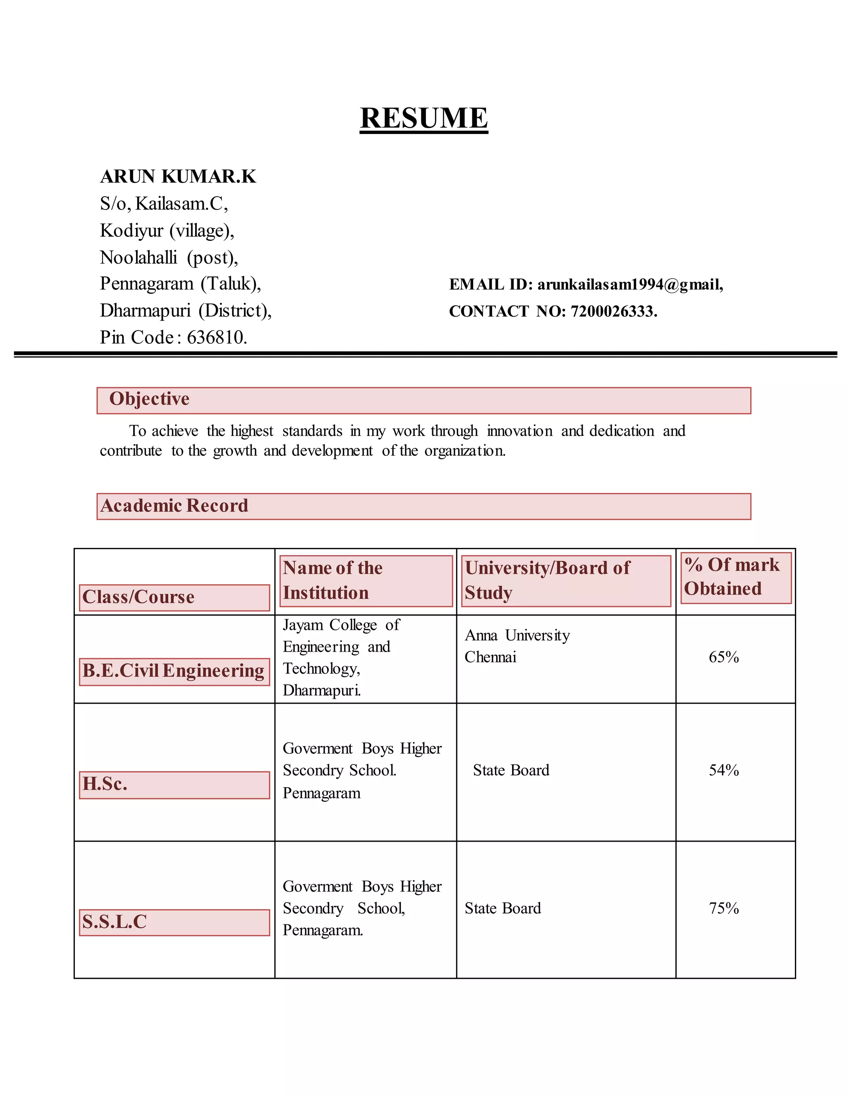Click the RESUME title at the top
423,118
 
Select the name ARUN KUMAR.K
178,176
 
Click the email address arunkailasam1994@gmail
630,284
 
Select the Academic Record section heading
174,506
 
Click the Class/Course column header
139,597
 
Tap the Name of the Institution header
332,581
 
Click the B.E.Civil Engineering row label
173,671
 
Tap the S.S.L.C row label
115,922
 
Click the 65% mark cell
724,657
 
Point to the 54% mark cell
724,770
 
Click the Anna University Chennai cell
517,646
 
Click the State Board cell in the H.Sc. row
511,770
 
